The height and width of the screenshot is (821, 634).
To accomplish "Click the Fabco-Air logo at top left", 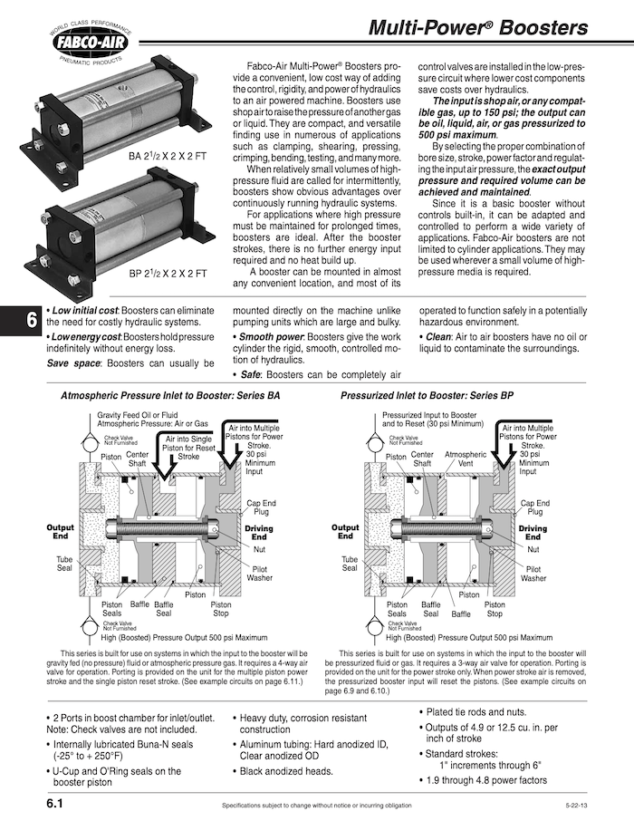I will pos(88,43).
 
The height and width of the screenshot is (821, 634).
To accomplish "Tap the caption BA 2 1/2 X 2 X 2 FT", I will pos(168,157).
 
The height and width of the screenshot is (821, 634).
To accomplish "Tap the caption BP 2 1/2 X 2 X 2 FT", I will pos(168,273).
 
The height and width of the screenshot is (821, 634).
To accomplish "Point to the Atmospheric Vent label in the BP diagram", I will pos(466,459).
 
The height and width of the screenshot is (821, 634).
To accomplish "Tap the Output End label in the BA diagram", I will pos(61,532).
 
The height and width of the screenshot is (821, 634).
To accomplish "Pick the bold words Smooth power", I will pos(271,336).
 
